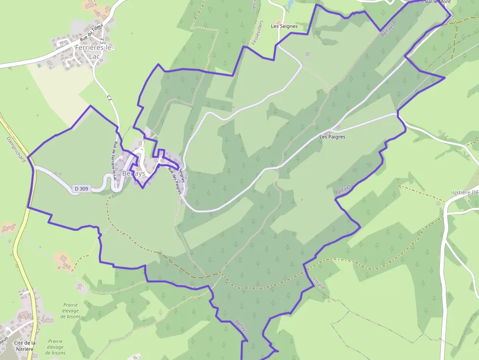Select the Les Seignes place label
[x=284, y=26]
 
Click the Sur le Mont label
[x=437, y=2]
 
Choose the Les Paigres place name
[x=332, y=137]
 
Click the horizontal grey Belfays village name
[x=134, y=173]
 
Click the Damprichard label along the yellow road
[x=16, y=149]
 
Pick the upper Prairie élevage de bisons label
[x=70, y=310]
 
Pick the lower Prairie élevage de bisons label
[x=56, y=347]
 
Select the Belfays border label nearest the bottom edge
[x=241, y=326]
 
